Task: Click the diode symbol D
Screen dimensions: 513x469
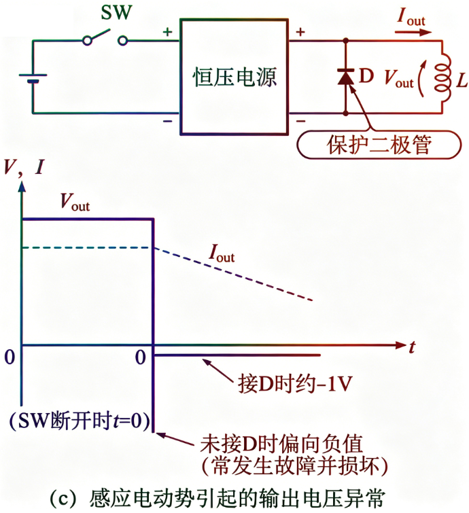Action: tap(346, 77)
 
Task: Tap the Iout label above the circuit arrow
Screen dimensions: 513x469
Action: tap(411, 18)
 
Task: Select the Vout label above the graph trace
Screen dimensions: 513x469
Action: tap(74, 200)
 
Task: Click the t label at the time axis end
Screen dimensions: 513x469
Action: tap(412, 347)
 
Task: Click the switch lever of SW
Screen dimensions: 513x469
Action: tap(104, 34)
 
